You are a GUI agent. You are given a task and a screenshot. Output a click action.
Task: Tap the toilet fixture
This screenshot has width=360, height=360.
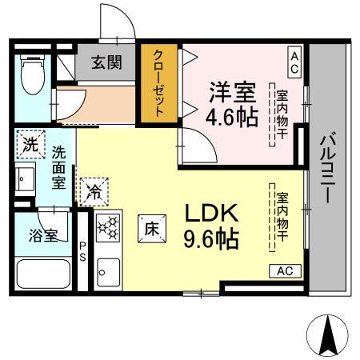point(33,74)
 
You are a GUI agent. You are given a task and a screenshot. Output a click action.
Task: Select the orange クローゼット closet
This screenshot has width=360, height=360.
point(158,83)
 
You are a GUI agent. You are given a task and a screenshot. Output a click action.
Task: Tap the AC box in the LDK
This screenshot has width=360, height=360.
point(284,271)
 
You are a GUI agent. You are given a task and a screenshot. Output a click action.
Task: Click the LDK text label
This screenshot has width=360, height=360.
point(212,214)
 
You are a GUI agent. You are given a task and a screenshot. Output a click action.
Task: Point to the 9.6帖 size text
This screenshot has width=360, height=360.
point(212,238)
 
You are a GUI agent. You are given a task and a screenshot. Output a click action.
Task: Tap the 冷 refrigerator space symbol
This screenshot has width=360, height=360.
point(94,191)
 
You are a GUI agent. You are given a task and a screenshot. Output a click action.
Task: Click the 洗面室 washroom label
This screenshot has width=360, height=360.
point(58,166)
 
